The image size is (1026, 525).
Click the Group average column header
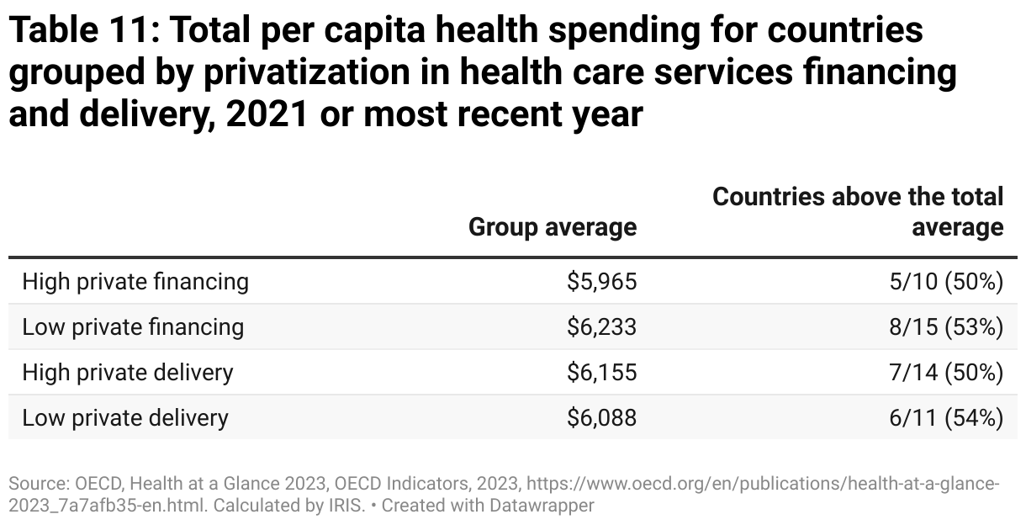pos(552,227)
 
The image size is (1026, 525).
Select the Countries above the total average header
pos(858,212)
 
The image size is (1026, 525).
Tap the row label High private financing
pos(135,281)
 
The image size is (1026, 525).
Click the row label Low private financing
pos(133,326)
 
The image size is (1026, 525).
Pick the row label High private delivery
pos(128,372)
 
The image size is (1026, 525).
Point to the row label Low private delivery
pos(125,417)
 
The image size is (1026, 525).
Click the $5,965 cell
pos(601,281)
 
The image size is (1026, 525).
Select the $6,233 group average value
pos(601,326)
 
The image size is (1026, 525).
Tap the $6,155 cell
pos(601,372)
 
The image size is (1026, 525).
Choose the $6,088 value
pos(601,417)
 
